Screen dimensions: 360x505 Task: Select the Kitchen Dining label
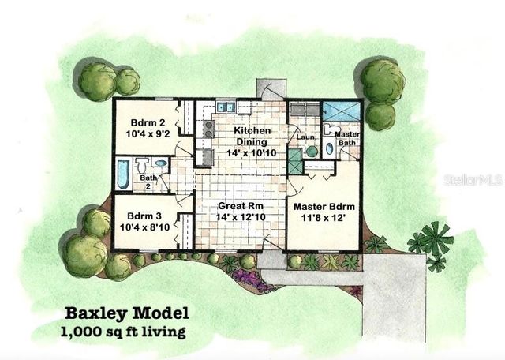(x=252, y=136)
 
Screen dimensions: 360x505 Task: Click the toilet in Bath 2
(x=143, y=165)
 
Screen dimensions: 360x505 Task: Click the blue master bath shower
(x=346, y=114)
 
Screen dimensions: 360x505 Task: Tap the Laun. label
(x=305, y=135)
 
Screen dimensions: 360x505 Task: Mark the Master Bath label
(x=347, y=139)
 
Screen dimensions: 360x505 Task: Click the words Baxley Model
(x=126, y=313)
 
